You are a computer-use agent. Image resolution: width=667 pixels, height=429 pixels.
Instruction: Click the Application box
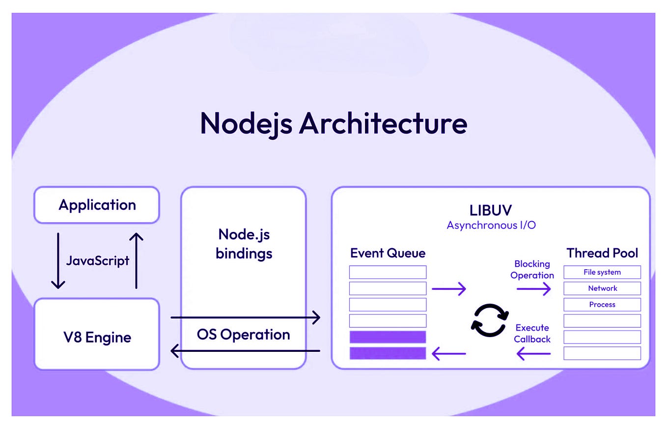pos(97,205)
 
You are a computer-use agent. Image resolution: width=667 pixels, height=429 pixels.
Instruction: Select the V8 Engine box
pos(97,337)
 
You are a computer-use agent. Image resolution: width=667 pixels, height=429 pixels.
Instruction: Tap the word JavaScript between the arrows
pos(97,260)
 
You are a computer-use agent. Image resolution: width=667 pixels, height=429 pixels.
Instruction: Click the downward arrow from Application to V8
pos(58,260)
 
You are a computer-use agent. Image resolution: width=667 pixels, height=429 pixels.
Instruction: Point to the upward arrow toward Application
pos(136,260)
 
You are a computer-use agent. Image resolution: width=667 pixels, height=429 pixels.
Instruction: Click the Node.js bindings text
pos(244,244)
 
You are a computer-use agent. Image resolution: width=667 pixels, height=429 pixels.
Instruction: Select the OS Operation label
pos(244,335)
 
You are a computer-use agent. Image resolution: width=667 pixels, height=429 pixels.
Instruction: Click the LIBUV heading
pos(491,210)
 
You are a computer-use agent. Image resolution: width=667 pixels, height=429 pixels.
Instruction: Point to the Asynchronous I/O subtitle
pos(491,226)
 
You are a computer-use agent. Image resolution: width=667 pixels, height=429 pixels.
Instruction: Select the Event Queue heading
pos(388,253)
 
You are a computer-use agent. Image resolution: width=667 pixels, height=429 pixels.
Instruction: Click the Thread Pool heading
pos(602,253)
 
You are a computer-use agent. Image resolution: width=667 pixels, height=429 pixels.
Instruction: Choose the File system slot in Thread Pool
pos(602,272)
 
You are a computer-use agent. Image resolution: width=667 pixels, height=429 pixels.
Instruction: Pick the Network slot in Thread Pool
pos(602,288)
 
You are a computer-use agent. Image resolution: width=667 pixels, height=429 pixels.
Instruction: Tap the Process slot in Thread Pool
pos(602,305)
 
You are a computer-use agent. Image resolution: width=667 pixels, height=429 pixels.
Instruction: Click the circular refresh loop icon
pos(489,320)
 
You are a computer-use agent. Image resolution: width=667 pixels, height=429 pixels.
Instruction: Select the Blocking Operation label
pos(532,270)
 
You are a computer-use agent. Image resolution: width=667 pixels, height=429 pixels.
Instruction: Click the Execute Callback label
pos(532,333)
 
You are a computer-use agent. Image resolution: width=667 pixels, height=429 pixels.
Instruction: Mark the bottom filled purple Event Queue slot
pos(388,353)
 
